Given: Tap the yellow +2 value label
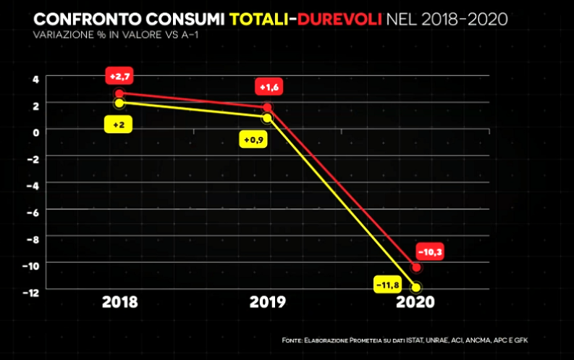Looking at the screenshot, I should (x=119, y=125).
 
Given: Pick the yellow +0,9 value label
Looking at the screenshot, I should (x=254, y=139).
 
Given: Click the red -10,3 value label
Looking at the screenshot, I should (x=429, y=251).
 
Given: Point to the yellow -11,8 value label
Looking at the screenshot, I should (x=388, y=285).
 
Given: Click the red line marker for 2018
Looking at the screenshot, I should (x=119, y=93).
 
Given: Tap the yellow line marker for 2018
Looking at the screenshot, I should (x=119, y=103).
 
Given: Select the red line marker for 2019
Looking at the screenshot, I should (x=268, y=107).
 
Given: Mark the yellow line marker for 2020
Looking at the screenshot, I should (x=415, y=288).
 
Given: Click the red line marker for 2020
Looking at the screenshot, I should (x=415, y=268).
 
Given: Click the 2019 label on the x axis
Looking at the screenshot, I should (x=267, y=302).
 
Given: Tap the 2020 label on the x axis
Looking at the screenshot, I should (x=415, y=302).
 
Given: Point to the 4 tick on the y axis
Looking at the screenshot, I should (x=34, y=78).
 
